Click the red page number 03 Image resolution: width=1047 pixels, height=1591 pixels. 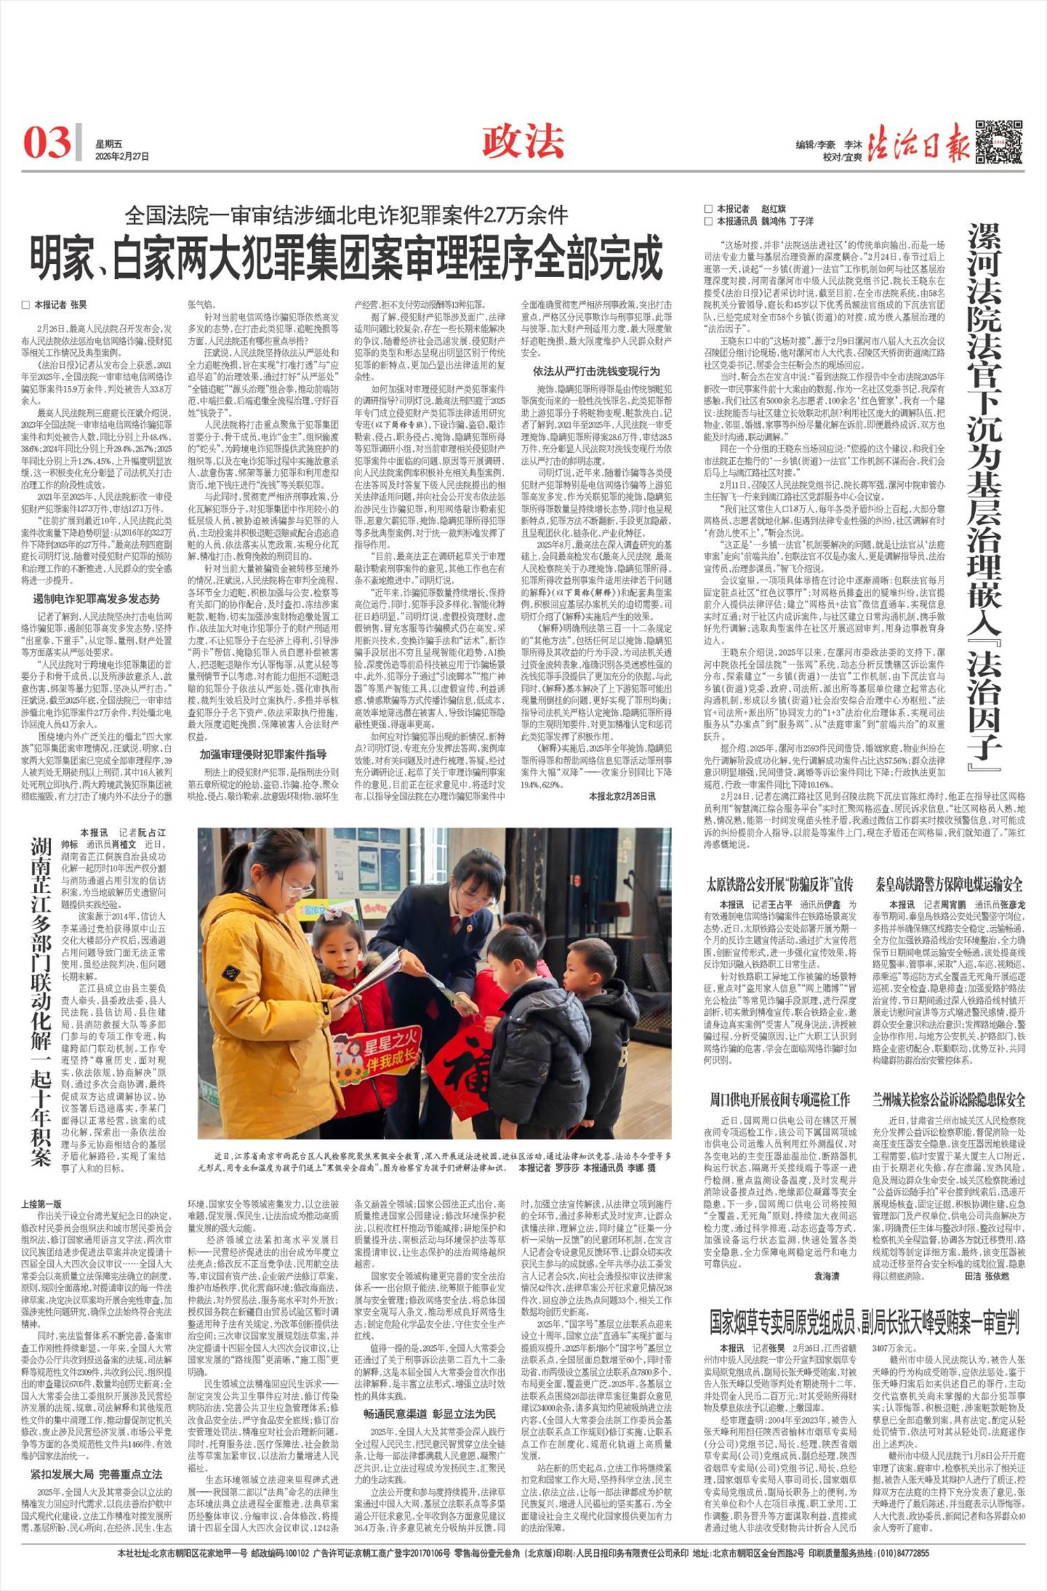coord(47,142)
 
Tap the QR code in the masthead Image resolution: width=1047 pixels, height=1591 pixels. coord(999,142)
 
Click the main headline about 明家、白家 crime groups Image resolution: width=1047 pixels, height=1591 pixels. coord(346,258)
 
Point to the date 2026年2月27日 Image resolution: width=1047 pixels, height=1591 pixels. coord(122,156)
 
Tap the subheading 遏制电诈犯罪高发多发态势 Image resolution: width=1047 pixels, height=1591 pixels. coord(97,598)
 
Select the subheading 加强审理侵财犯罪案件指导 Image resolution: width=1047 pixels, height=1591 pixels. coord(262,754)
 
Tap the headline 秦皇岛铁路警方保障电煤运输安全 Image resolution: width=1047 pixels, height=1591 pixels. coord(950,885)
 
